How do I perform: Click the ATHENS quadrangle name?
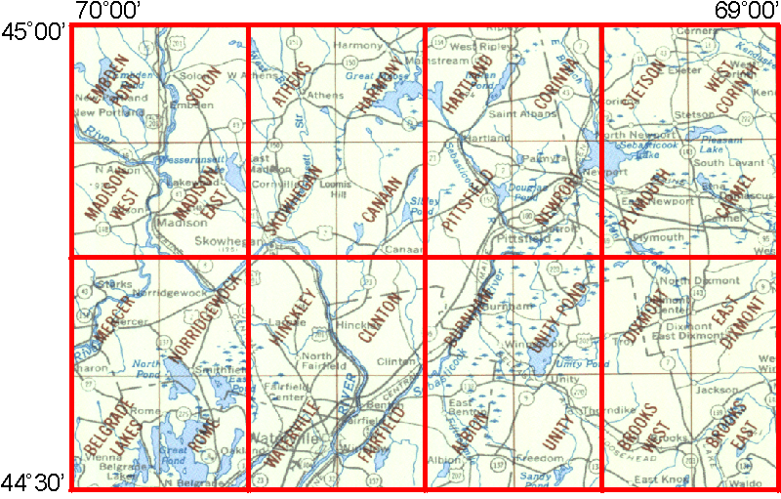tap(293, 82)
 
